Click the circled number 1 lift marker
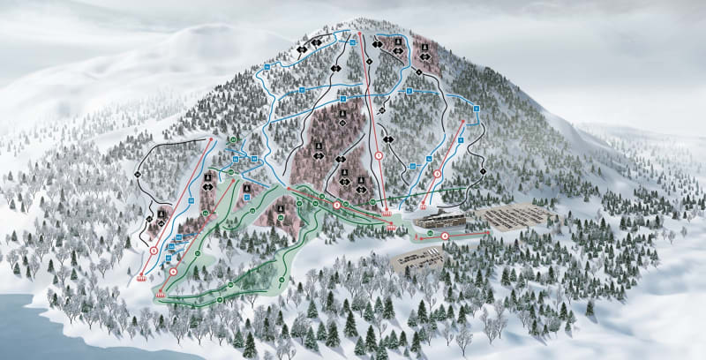pyautogui.click(x=379, y=155)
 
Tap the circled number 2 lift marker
pyautogui.click(x=336, y=206)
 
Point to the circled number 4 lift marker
pyautogui.click(x=445, y=236)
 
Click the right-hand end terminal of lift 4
pyautogui.click(x=484, y=233)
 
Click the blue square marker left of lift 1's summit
pyautogui.click(x=351, y=41)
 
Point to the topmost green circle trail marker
pyautogui.click(x=233, y=139)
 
